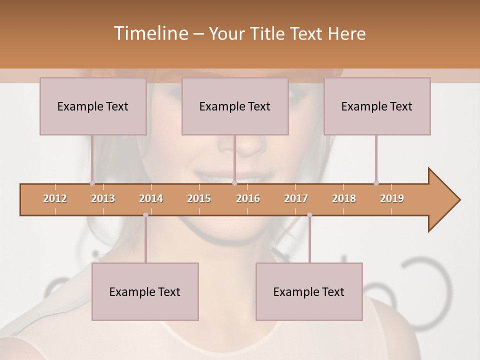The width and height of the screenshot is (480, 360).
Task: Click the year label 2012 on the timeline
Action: coord(55,198)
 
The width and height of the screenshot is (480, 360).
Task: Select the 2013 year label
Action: coord(103,198)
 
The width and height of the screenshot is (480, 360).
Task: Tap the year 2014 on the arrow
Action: coord(151,198)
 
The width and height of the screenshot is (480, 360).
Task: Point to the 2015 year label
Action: coord(199,198)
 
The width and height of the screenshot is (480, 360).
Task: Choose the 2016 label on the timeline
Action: coord(248,198)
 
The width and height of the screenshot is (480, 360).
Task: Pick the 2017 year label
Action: coord(296,198)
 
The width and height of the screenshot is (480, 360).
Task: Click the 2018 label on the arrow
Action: coord(344,198)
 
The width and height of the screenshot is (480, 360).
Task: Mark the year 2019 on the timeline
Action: coord(392,198)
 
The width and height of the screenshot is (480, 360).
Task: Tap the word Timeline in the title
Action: coord(150,33)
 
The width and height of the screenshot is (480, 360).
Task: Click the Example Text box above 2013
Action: coord(93,106)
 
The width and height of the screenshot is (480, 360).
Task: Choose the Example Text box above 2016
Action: coord(235,106)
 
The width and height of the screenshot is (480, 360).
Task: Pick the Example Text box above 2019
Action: coord(377,106)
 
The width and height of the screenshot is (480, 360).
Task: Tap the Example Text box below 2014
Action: coord(145,291)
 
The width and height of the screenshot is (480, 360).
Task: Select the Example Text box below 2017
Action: coord(309,291)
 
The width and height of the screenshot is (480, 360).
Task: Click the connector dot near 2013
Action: coord(92,183)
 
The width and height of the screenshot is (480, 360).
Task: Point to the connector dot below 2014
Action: coord(145,215)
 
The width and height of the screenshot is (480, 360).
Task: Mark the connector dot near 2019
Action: coord(376,183)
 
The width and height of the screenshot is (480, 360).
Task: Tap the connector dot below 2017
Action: coord(309,215)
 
